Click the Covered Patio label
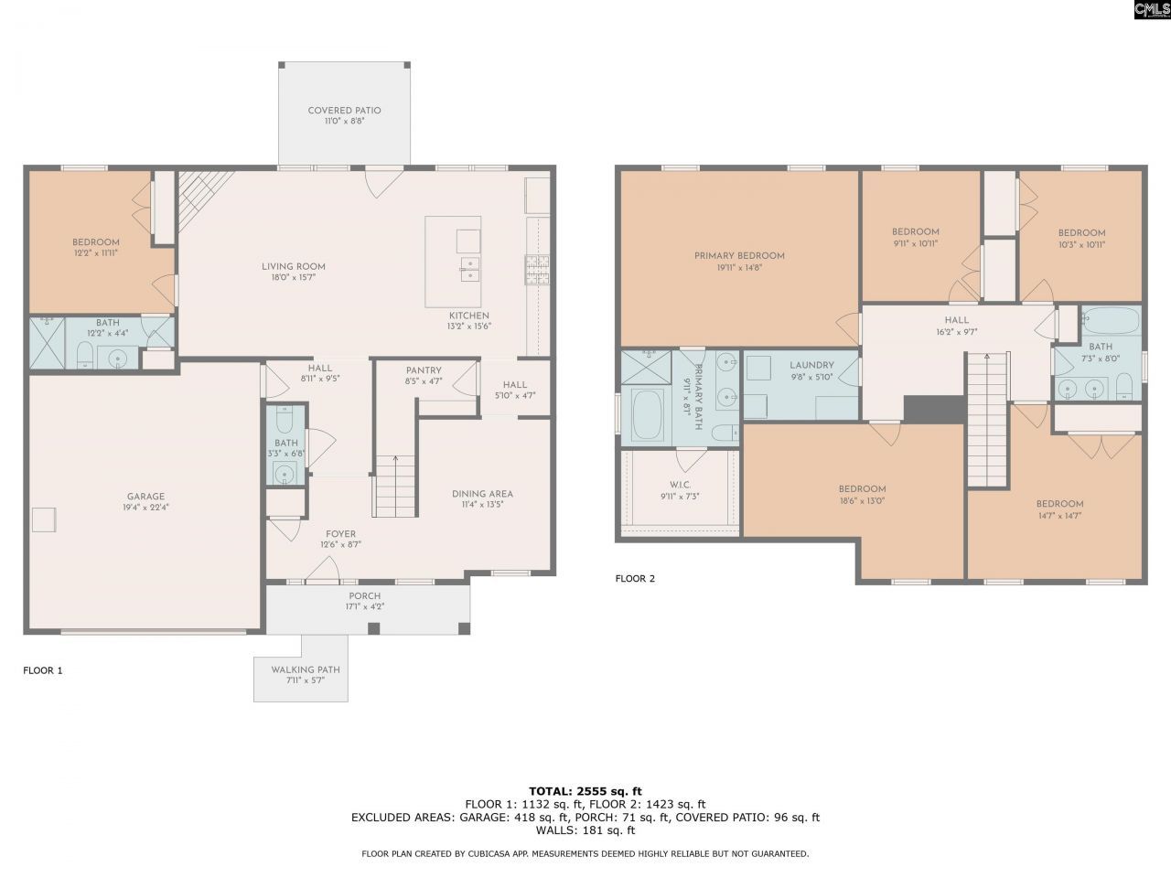pos(344,111)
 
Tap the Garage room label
pos(146,497)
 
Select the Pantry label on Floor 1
pos(424,370)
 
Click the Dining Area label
pos(482,494)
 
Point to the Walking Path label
pos(305,669)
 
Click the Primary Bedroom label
pos(739,256)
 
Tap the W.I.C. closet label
pos(679,485)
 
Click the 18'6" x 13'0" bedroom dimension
pos(862,501)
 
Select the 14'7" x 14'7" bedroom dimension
pos(1059,516)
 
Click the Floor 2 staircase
pos(987,421)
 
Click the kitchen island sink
pos(468,271)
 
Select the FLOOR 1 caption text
pos(43,670)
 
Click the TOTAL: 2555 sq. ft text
pos(585,790)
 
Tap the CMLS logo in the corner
pos(1151,10)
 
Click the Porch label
pos(364,595)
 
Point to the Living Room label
pos(294,267)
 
